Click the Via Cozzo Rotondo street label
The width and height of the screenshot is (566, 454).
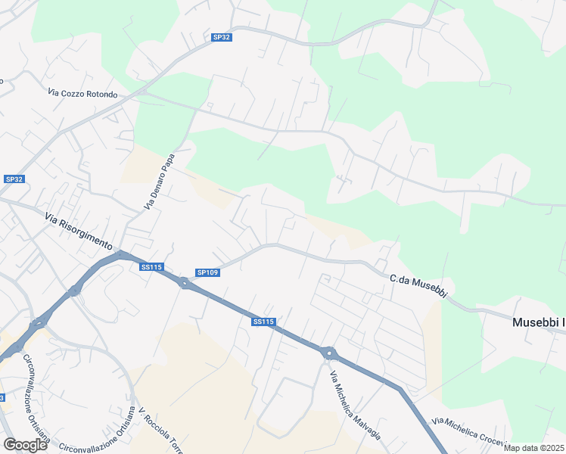coord(82,94)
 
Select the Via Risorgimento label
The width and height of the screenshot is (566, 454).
coord(78,232)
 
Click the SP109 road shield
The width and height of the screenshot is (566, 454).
coord(207,272)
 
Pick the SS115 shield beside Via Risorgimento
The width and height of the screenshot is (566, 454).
coord(151,266)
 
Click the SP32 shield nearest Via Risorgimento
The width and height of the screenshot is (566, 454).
coord(14,179)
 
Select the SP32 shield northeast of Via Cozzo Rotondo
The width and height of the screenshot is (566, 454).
coord(221,36)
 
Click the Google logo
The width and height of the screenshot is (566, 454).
coord(25,445)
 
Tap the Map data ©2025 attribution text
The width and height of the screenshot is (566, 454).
coord(533,448)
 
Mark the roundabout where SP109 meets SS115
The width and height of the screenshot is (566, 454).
coord(184,283)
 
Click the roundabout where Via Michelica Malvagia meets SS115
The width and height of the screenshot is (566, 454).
coord(328,353)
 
